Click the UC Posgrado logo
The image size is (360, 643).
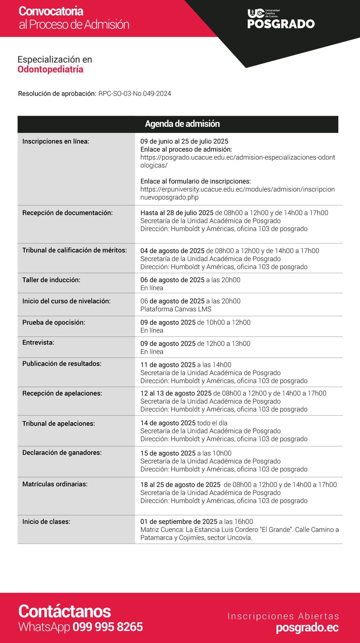click(x=281, y=19)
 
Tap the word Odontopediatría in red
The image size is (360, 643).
click(x=50, y=69)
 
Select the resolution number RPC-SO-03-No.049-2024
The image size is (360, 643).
click(x=135, y=94)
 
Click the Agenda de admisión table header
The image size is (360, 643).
click(x=182, y=124)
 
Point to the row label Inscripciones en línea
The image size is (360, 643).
click(x=56, y=141)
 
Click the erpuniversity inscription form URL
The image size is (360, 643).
click(x=237, y=193)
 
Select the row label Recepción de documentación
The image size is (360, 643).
click(x=67, y=213)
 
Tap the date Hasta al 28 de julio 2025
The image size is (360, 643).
click(x=177, y=213)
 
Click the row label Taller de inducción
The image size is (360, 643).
click(x=51, y=280)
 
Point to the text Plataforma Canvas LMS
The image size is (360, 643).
click(x=176, y=309)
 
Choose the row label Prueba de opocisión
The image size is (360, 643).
click(x=54, y=323)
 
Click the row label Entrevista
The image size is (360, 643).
click(x=38, y=343)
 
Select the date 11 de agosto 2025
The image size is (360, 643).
click(x=168, y=365)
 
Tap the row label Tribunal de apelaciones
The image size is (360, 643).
click(x=59, y=424)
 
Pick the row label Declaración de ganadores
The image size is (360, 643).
click(x=62, y=453)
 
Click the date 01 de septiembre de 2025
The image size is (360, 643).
click(x=179, y=522)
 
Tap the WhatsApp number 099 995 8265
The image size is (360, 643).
click(x=108, y=627)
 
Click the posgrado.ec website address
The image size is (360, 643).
click(x=307, y=628)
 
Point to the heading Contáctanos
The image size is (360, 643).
click(x=65, y=611)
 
